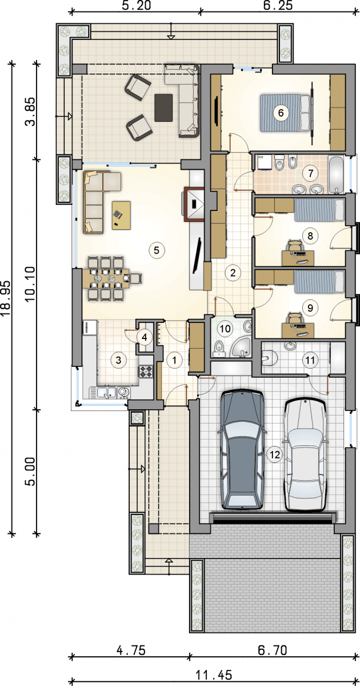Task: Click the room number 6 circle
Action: coord(281,113)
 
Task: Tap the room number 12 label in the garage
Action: coord(275,455)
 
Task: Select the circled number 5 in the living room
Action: coord(157,250)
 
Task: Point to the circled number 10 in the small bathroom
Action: coord(225,329)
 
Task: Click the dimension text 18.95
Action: coord(7,298)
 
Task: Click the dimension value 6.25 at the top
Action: coord(278,5)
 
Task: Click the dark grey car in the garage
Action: coord(242,449)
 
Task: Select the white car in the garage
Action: coord(305,455)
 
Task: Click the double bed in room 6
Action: coord(285,113)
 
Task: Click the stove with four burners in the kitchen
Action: coord(146,371)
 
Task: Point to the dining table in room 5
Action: coord(106,278)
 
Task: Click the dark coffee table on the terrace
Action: coord(163,107)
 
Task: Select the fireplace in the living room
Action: coord(194,204)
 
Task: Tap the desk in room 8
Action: coord(298,258)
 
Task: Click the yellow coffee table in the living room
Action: coord(121,215)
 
